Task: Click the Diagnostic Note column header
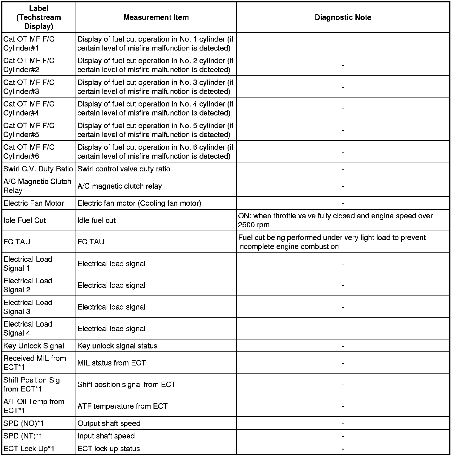click(x=343, y=17)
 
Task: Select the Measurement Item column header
click(x=156, y=17)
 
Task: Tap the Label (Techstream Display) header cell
click(x=39, y=17)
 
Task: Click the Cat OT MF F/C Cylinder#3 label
click(x=29, y=87)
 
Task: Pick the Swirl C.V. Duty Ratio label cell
click(x=38, y=169)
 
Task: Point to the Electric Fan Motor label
click(x=34, y=203)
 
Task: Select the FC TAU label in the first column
click(x=17, y=242)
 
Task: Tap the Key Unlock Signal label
click(x=34, y=346)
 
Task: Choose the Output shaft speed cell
click(x=109, y=424)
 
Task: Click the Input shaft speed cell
click(x=106, y=436)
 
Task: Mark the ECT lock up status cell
click(x=109, y=449)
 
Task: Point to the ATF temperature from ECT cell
click(x=122, y=406)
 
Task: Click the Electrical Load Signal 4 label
click(x=28, y=328)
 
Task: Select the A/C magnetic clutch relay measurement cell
click(x=119, y=186)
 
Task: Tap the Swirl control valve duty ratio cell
click(x=124, y=169)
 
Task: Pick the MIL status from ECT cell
click(x=112, y=363)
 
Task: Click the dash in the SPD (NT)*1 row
click(x=343, y=436)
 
